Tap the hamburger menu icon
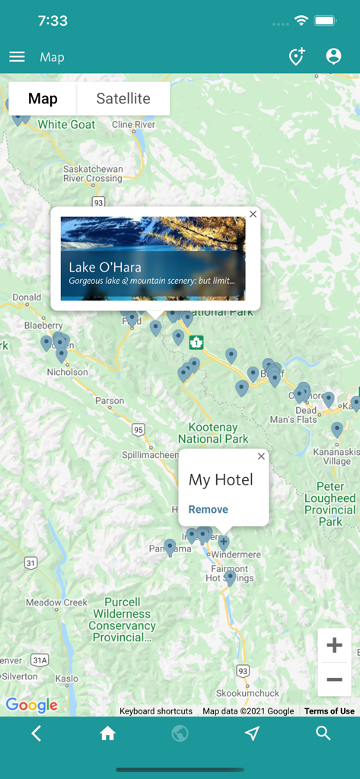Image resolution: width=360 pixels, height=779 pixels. coord(17,57)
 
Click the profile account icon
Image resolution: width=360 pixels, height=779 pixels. coord(333,56)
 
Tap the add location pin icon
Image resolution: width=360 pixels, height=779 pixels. coord(296,56)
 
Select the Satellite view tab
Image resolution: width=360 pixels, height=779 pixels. coord(123,99)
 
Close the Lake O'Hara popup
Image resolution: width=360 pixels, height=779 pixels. coord(253,215)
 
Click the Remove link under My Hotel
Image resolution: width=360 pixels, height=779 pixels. coord(209,510)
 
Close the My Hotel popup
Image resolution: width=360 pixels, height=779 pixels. coord(262,456)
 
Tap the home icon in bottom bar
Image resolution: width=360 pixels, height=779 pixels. coord(107,733)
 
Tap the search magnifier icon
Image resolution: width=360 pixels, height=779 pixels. coord(323,733)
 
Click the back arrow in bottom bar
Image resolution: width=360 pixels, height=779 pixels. coord(36,733)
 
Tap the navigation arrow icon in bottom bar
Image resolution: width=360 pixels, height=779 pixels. coord(252,733)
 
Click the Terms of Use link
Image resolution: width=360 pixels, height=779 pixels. coord(330,711)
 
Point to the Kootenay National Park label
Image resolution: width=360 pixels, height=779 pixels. coord(213,433)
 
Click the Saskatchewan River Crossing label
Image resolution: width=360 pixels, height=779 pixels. coord(93,173)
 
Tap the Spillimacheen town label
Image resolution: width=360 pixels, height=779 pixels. coord(151,454)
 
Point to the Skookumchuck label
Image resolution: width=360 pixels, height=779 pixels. coord(247,693)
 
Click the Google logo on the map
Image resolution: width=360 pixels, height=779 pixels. coord(32,705)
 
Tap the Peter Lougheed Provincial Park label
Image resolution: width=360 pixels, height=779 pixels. coord(330,504)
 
